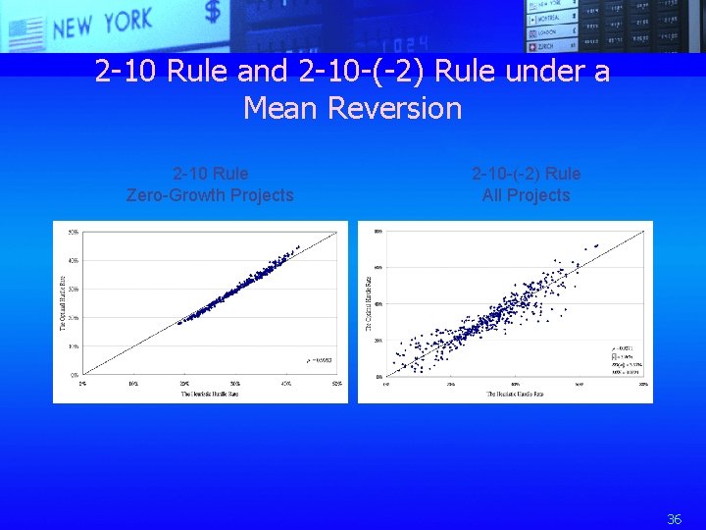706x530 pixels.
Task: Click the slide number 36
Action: [x=674, y=519]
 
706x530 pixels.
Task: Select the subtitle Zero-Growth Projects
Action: [x=210, y=195]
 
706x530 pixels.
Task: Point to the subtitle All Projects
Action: [x=526, y=195]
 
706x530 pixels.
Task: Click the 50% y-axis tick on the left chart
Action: [x=73, y=232]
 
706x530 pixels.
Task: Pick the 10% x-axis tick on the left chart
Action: [x=133, y=383]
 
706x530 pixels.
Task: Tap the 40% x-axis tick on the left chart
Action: [x=286, y=383]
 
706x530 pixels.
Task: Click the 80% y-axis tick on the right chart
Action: [x=378, y=231]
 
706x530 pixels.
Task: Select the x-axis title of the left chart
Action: [x=211, y=394]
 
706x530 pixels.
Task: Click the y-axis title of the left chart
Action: [x=61, y=302]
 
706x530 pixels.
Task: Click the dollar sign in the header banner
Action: [x=213, y=13]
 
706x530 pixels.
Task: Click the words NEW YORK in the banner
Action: [x=103, y=22]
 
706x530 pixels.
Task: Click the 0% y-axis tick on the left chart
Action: [x=75, y=375]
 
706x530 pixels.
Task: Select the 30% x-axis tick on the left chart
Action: [x=235, y=383]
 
